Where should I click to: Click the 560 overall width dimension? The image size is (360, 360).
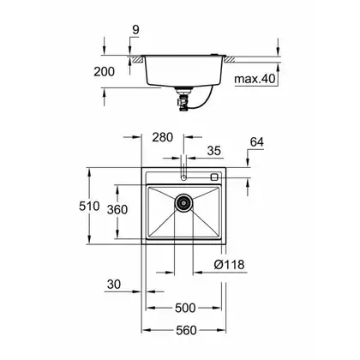pyautogui.click(x=186, y=331)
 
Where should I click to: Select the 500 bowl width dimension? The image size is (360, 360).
pyautogui.click(x=185, y=308)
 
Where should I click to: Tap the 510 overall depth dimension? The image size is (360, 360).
pyautogui.click(x=89, y=206)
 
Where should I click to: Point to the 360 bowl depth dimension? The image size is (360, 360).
pyautogui.click(x=117, y=210)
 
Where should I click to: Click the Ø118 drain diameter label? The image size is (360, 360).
pyautogui.click(x=229, y=265)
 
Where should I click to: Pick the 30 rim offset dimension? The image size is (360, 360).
pyautogui.click(x=114, y=285)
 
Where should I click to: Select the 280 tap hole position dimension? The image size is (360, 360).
pyautogui.click(x=162, y=137)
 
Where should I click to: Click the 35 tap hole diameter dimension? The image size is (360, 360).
pyautogui.click(x=214, y=151)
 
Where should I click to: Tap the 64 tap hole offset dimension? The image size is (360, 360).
pyautogui.click(x=257, y=142)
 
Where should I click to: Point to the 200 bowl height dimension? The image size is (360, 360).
pyautogui.click(x=105, y=71)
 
